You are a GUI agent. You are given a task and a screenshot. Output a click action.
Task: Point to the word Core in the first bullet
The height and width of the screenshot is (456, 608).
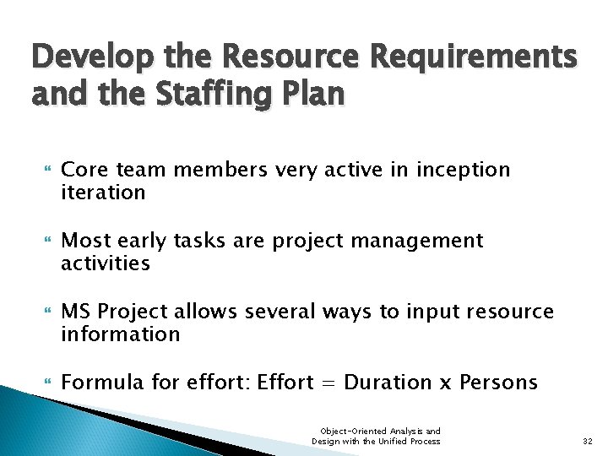tap(83, 170)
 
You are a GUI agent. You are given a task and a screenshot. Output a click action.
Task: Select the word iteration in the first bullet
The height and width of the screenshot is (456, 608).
tap(103, 192)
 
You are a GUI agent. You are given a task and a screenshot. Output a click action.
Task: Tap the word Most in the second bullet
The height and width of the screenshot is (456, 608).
tap(85, 241)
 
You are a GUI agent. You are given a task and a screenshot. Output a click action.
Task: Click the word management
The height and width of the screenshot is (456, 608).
tap(415, 241)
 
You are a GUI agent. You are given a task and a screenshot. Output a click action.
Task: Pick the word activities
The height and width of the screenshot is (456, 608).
tap(106, 263)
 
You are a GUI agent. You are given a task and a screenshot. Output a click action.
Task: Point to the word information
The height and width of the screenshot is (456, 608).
tap(120, 334)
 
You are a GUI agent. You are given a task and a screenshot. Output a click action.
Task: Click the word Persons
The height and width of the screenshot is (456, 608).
tap(499, 383)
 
